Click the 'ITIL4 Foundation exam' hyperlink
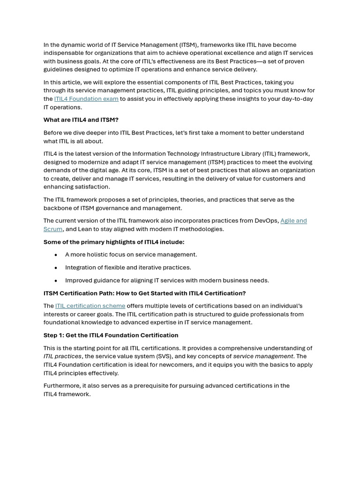(x=86, y=99)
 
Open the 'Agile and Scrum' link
(x=293, y=221)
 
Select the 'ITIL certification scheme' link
(x=90, y=306)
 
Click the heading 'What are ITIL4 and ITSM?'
(x=81, y=120)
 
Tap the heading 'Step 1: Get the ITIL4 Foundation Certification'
(x=111, y=335)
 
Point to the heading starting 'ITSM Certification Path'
(x=144, y=293)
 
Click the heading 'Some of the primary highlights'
(x=114, y=242)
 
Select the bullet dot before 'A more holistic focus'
(x=56, y=255)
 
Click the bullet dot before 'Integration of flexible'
(x=56, y=268)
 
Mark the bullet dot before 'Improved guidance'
(x=56, y=281)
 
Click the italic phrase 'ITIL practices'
(x=62, y=356)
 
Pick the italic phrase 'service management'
(x=263, y=356)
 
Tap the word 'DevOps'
(x=267, y=221)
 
